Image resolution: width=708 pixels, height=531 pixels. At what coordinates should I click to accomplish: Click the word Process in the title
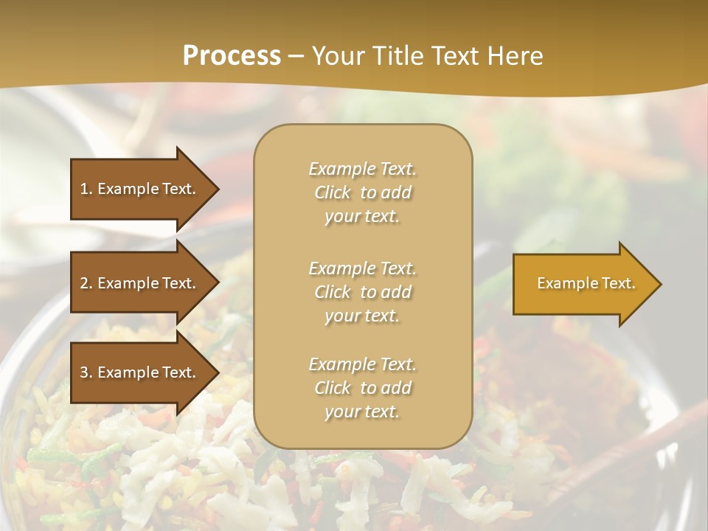232,56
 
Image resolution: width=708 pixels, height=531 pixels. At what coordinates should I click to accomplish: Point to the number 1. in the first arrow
86,189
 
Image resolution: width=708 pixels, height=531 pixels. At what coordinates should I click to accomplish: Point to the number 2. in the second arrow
86,283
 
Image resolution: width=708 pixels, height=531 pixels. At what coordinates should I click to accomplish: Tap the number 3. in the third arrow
86,372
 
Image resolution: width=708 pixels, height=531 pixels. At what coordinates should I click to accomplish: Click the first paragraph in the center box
362,192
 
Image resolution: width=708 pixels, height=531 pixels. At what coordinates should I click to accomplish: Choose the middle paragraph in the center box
362,292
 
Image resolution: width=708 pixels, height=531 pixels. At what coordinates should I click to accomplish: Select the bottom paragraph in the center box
362,388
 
